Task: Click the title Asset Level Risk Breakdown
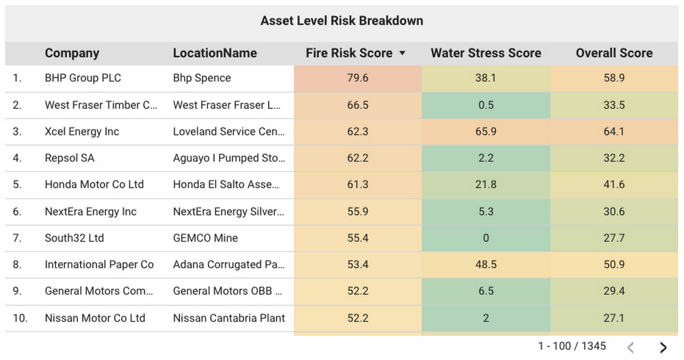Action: [341, 21]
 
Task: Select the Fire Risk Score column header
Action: [349, 53]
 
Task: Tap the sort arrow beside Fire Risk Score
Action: [402, 53]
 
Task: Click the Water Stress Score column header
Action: [486, 53]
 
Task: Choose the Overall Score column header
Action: [614, 53]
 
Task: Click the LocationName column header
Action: [215, 53]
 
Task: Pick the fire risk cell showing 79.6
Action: [358, 78]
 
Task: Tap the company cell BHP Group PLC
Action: [83, 78]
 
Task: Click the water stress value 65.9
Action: [486, 131]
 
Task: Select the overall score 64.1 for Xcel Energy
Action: [614, 131]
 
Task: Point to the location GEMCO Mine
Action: [205, 238]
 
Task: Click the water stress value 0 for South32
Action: [486, 238]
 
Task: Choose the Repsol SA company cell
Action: [70, 158]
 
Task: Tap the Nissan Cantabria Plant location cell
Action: [229, 318]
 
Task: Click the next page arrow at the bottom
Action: [663, 348]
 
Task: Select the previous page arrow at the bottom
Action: [631, 348]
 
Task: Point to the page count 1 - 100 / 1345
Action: [572, 346]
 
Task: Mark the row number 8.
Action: [17, 265]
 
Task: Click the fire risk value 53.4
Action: [358, 265]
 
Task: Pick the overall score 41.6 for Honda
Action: [614, 185]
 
